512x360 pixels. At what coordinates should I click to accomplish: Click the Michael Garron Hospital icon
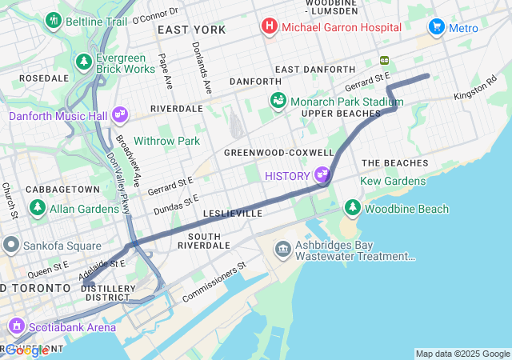tap(270, 27)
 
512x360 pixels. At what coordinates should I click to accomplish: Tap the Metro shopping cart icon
tap(436, 27)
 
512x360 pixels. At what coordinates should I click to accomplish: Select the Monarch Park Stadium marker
tap(278, 101)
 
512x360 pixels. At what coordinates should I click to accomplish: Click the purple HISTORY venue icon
tap(323, 174)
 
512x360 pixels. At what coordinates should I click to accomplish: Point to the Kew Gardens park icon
tap(351, 182)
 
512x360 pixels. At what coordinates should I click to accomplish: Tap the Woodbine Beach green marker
tap(352, 209)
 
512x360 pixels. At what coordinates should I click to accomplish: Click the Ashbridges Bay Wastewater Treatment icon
tap(282, 250)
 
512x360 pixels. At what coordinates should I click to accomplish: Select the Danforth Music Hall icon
tap(120, 115)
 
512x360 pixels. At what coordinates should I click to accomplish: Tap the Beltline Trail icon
tap(54, 20)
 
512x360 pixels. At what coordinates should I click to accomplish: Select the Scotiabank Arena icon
tap(16, 326)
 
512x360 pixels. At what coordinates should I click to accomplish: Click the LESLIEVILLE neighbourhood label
tap(233, 214)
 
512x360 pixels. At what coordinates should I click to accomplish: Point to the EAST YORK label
tap(191, 30)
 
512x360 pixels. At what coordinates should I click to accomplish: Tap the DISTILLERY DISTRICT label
tap(107, 293)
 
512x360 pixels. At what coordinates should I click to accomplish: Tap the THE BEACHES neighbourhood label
tap(394, 163)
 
